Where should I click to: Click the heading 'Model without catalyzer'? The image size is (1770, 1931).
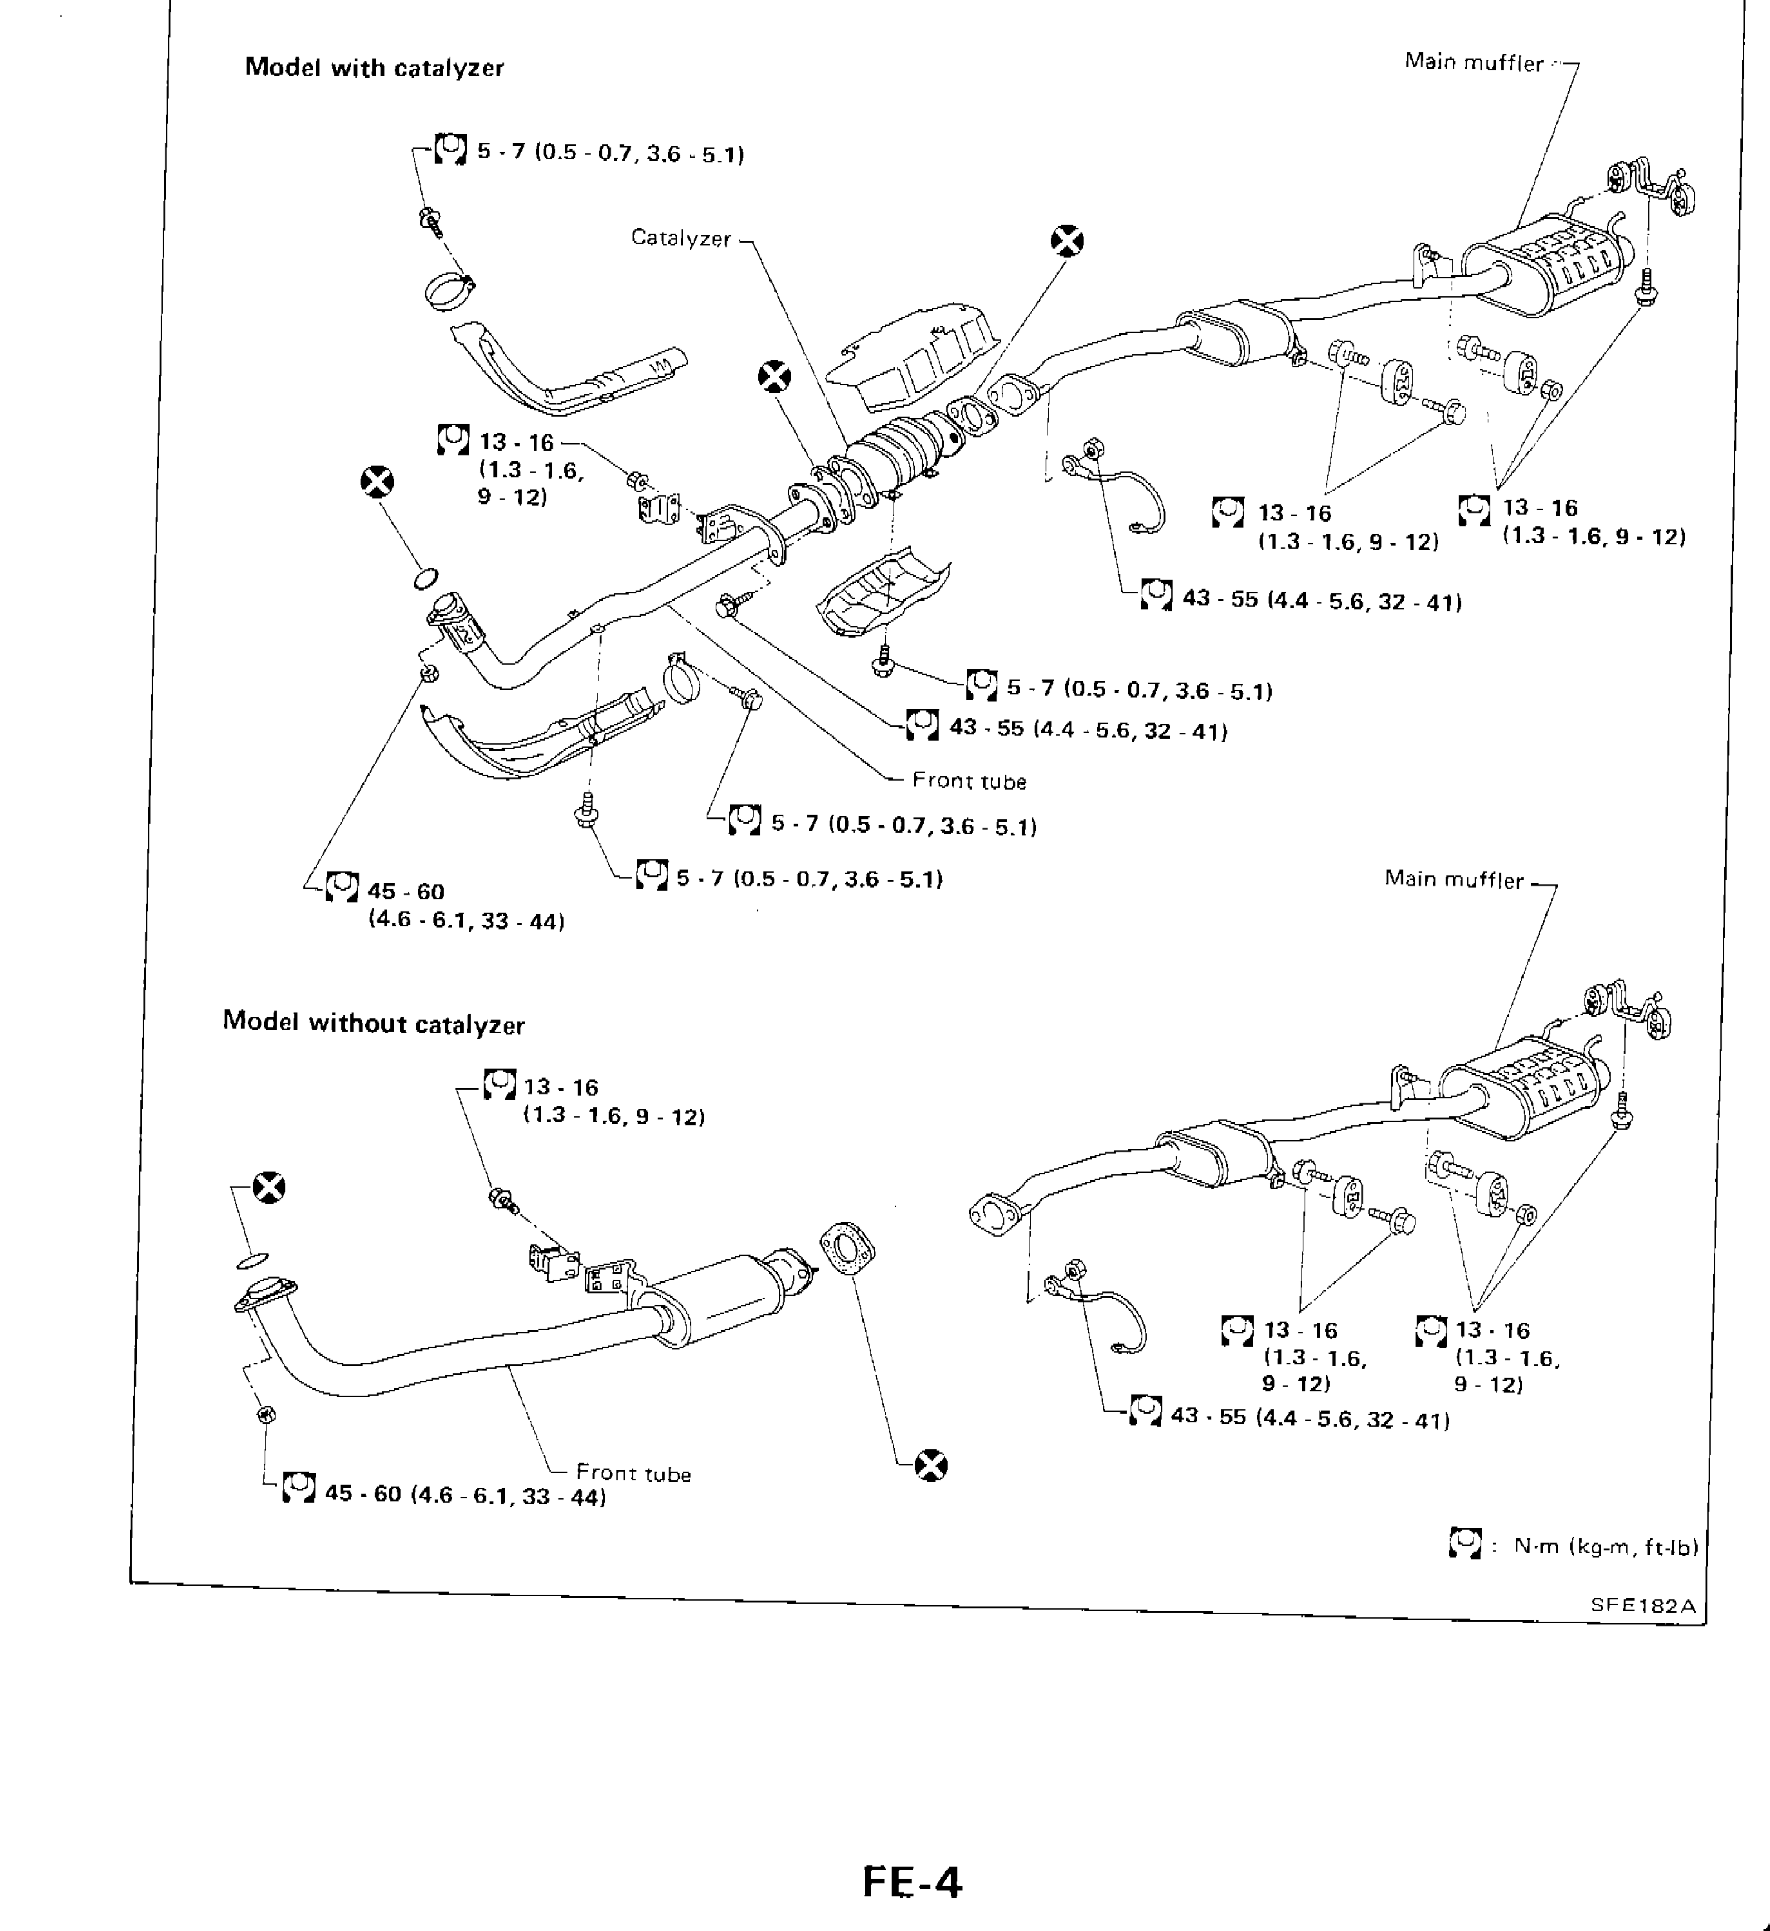374,1023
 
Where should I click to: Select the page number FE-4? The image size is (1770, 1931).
911,1881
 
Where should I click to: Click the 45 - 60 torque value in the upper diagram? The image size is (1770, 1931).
406,892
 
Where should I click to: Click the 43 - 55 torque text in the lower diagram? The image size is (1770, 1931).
1310,1419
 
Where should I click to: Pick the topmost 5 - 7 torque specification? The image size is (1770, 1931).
610,153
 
